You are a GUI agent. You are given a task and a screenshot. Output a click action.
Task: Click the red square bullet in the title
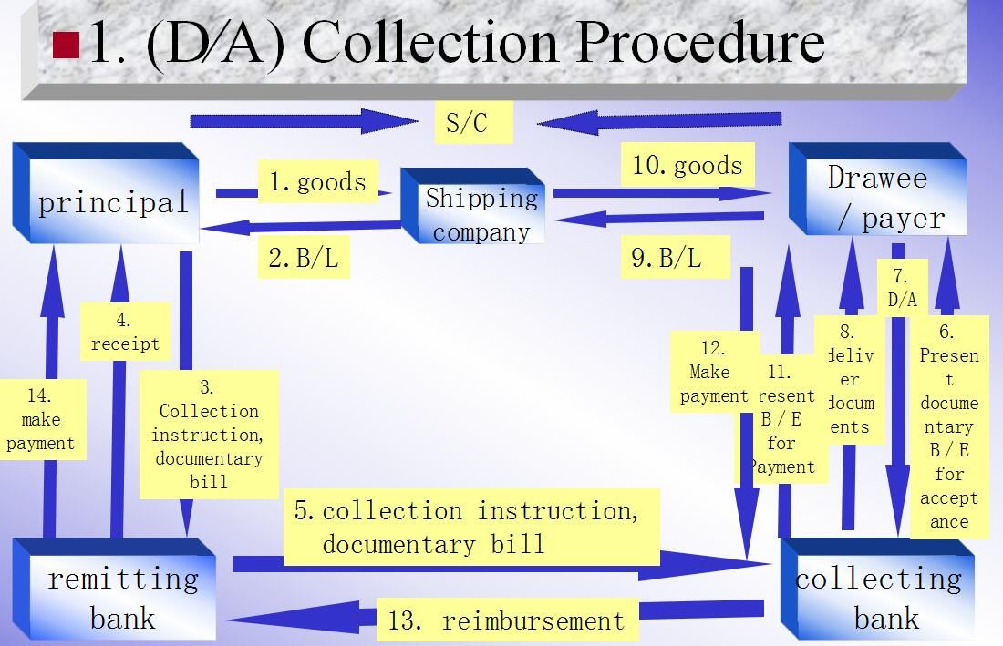click(67, 45)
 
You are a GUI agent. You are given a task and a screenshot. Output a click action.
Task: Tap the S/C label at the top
click(473, 122)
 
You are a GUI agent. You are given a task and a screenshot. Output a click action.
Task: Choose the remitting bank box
click(121, 597)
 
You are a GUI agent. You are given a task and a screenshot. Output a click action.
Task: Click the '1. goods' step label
click(317, 181)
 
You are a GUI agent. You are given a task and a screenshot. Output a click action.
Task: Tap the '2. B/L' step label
click(304, 259)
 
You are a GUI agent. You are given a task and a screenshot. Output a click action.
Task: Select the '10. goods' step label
click(688, 165)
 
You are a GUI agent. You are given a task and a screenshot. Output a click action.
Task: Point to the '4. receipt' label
click(125, 332)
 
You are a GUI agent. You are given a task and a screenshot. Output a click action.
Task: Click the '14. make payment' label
click(40, 419)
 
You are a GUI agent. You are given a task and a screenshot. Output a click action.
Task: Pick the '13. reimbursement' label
click(507, 621)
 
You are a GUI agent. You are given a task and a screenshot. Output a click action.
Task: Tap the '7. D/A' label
click(902, 287)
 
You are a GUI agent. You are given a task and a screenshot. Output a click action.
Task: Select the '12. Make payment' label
click(713, 372)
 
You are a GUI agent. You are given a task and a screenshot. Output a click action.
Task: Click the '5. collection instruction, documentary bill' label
click(470, 527)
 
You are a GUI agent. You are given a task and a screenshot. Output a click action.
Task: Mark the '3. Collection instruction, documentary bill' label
click(208, 434)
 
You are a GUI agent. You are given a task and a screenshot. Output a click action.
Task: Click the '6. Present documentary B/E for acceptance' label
click(948, 426)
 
